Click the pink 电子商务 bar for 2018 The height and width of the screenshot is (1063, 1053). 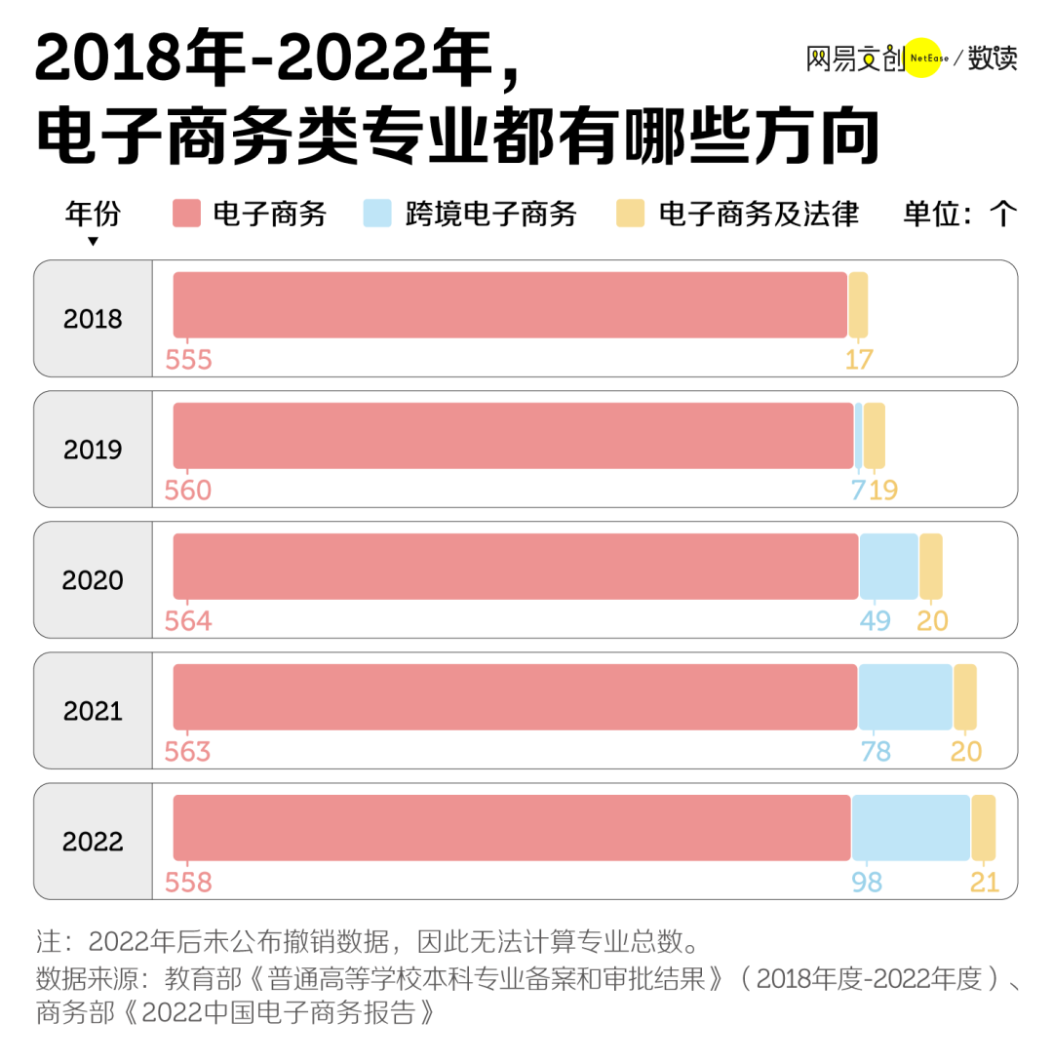tap(510, 305)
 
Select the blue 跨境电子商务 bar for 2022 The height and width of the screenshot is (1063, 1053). tap(911, 828)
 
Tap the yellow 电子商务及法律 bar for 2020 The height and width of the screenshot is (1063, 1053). tap(931, 567)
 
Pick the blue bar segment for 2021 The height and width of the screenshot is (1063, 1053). tap(905, 697)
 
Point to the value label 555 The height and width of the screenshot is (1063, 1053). tap(188, 360)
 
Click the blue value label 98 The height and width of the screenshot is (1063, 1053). tap(866, 883)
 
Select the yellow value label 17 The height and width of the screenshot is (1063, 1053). tap(859, 360)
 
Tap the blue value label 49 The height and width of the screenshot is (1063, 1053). tap(875, 621)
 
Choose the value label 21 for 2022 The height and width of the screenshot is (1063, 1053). tap(985, 883)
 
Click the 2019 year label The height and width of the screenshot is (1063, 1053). tap(93, 450)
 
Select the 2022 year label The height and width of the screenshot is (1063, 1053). tap(93, 842)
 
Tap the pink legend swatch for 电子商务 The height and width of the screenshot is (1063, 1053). tap(186, 214)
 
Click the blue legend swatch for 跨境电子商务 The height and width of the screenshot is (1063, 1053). tap(377, 214)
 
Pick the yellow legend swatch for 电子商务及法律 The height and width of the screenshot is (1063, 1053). tap(631, 214)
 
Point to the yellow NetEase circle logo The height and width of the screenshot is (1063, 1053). tap(922, 59)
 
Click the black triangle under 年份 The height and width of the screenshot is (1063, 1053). tap(93, 242)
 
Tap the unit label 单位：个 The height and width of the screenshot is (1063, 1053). tap(960, 214)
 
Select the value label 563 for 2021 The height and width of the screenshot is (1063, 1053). tap(187, 752)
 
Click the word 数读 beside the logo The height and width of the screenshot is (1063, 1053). tap(993, 59)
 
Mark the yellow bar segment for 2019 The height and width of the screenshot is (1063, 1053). tap(875, 436)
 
